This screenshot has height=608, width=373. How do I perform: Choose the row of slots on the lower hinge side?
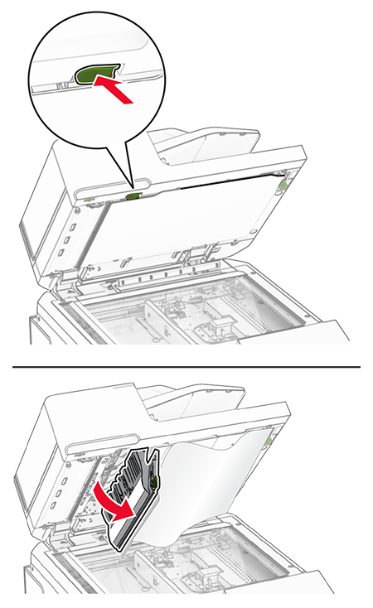click(60, 489)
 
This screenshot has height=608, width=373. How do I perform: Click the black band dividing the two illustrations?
click(186, 362)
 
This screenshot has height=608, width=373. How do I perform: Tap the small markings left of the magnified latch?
click(61, 83)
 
